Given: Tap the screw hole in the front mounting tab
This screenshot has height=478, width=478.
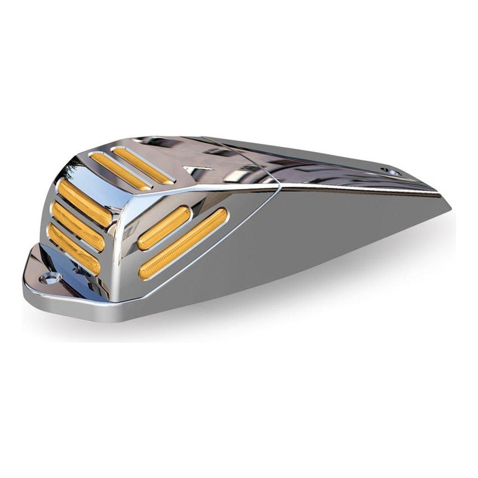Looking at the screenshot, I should (x=51, y=277).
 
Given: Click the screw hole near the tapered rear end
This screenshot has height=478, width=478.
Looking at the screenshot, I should (x=392, y=171).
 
